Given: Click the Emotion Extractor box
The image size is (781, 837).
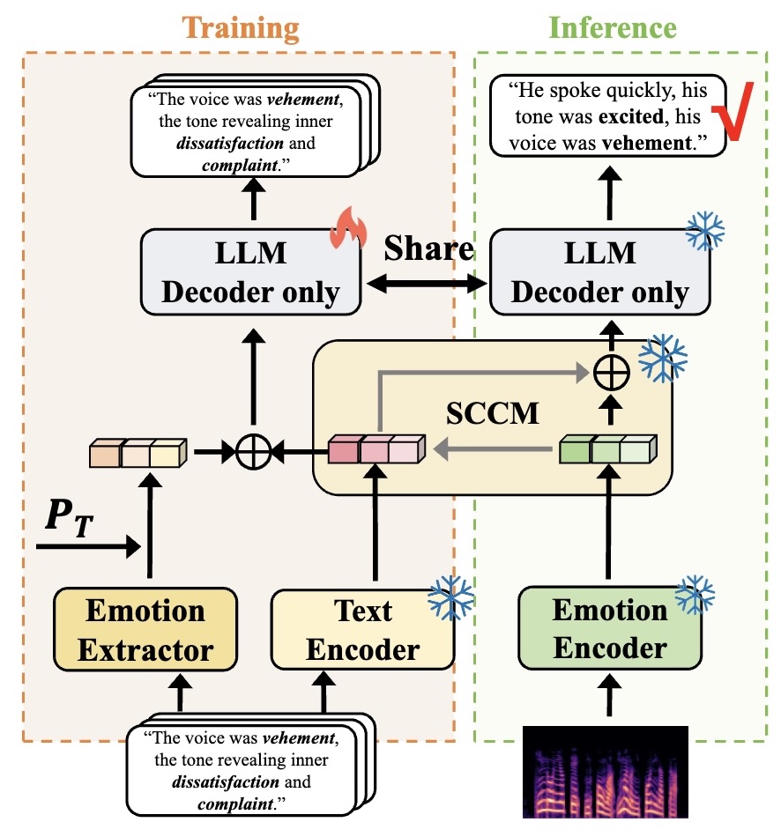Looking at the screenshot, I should pos(145,629).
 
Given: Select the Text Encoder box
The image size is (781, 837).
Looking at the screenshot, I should pos(362,629).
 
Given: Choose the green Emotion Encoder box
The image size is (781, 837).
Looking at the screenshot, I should pos(609,629).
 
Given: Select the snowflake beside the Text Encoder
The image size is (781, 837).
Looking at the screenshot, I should pos(450,596).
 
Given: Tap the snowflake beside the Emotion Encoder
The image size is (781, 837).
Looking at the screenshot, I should pos(695,595).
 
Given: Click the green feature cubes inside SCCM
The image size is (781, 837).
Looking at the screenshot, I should pos(608,450).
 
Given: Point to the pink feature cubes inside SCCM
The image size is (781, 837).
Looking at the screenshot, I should pos(376,450).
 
